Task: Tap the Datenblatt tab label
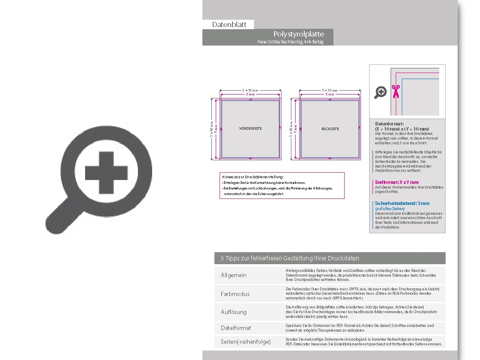229,24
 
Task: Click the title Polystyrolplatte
299,34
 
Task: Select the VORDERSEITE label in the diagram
250,128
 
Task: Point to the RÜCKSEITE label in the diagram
330,128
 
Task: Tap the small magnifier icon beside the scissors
380,92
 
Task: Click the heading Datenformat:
389,124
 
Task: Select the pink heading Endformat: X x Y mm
397,182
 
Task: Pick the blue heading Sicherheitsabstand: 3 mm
402,203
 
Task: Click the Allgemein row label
234,275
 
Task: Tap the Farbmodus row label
235,294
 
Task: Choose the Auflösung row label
234,312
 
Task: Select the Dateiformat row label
236,328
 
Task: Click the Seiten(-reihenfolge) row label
246,342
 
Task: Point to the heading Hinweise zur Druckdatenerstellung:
253,177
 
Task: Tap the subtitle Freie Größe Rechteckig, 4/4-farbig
290,42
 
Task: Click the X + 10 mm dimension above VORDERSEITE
250,90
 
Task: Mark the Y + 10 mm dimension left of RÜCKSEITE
291,128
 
